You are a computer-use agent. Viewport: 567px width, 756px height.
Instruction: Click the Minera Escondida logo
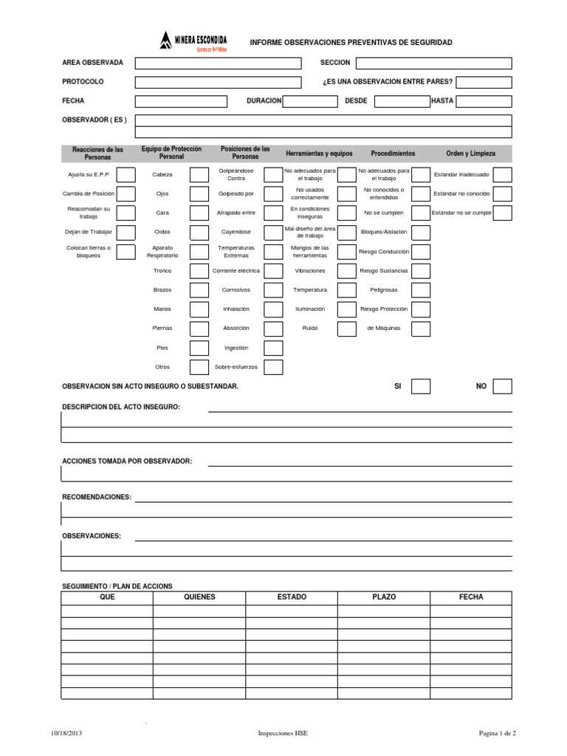click(193, 41)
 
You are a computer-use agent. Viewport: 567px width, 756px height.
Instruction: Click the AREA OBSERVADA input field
click(218, 63)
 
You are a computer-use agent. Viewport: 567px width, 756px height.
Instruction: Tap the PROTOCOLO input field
click(218, 83)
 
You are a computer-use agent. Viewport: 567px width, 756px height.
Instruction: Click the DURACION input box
click(310, 102)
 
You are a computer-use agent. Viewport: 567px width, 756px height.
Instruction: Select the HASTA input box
click(483, 102)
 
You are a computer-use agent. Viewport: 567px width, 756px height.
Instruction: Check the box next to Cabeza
click(199, 175)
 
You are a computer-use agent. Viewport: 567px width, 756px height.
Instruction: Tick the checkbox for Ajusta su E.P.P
click(126, 175)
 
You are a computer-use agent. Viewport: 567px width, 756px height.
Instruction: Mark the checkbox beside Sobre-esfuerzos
click(273, 367)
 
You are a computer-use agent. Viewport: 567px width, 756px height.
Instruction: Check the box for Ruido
click(347, 329)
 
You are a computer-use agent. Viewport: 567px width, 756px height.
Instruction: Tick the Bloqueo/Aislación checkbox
click(421, 233)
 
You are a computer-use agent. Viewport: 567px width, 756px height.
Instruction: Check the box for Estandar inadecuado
click(502, 175)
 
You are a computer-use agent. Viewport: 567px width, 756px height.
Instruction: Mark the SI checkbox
click(421, 386)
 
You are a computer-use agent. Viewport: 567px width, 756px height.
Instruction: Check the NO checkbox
click(502, 386)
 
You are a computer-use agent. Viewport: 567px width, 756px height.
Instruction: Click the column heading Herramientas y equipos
click(319, 154)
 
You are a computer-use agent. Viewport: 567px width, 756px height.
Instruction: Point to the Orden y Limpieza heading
click(470, 154)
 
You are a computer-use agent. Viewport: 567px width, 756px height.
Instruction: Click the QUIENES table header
click(199, 597)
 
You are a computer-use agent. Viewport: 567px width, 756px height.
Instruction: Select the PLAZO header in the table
click(384, 597)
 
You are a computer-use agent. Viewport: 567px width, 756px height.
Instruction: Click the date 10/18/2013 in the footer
click(68, 733)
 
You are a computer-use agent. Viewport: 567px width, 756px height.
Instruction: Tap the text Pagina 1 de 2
click(498, 733)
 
